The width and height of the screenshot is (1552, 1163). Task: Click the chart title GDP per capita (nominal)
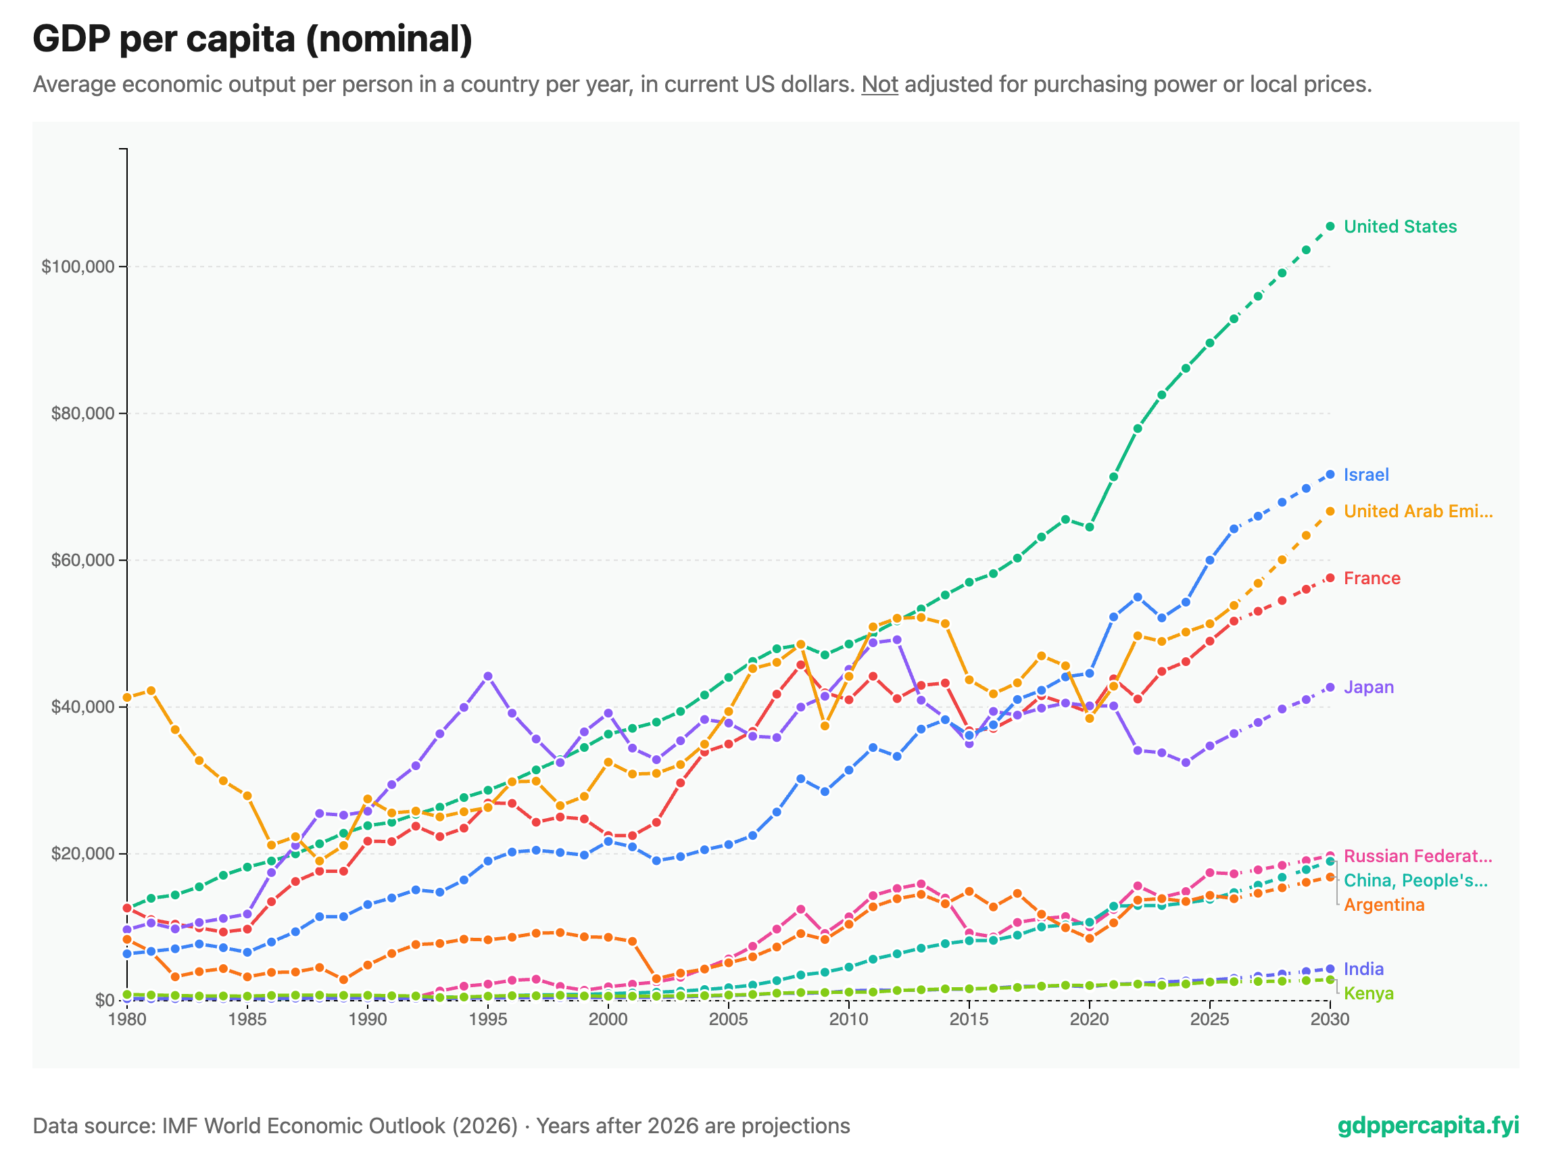click(x=253, y=39)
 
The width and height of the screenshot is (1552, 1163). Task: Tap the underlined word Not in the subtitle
click(x=879, y=85)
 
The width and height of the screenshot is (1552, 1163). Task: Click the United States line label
click(x=1400, y=227)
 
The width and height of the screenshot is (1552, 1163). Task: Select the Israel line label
click(x=1365, y=475)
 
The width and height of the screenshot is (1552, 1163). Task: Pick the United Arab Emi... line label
click(x=1417, y=512)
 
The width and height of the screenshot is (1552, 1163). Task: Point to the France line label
click(x=1371, y=578)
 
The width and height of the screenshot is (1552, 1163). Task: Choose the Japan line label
click(x=1368, y=688)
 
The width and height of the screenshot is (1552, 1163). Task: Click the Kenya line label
click(x=1368, y=994)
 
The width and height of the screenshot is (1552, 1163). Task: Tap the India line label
click(x=1363, y=970)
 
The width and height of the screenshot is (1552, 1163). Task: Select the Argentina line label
click(x=1384, y=905)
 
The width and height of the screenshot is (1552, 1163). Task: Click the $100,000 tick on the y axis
click(x=78, y=266)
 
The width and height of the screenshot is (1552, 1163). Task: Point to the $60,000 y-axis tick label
click(x=82, y=561)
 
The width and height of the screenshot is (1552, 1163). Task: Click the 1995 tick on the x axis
click(x=487, y=1019)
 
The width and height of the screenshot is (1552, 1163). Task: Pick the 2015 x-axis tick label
click(x=969, y=1019)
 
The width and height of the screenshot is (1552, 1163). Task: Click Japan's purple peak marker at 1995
click(x=488, y=677)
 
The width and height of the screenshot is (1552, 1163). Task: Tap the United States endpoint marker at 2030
click(x=1330, y=226)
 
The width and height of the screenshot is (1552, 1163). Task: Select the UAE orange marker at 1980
click(x=127, y=698)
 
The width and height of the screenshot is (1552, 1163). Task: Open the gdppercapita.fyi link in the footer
click(x=1428, y=1126)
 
